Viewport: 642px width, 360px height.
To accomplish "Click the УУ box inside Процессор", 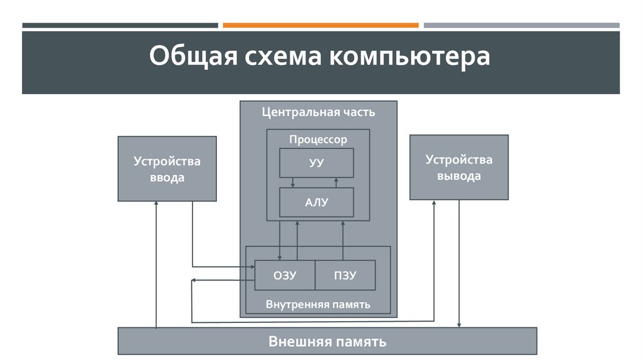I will point(317,163).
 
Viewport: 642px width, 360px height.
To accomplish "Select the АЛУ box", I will point(317,202).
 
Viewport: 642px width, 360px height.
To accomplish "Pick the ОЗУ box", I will point(284,275).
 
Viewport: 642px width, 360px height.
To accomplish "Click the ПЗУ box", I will point(345,275).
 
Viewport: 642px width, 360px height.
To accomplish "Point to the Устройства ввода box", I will point(167,168).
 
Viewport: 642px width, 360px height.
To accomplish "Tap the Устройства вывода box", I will point(459,167).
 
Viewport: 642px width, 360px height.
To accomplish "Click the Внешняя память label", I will point(327,342).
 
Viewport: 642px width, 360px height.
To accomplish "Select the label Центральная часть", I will point(318,112).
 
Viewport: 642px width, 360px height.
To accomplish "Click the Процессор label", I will point(318,139).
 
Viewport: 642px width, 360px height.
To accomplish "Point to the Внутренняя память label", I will point(318,304).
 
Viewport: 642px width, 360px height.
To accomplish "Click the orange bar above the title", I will point(320,25).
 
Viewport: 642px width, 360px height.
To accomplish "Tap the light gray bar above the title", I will point(521,25).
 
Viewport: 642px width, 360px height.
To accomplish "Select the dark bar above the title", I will point(120,25).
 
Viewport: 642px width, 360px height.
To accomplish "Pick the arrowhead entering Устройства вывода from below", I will point(434,204).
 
